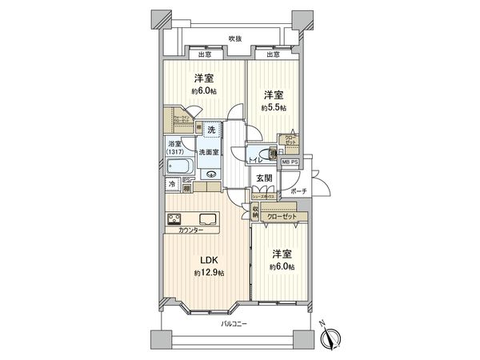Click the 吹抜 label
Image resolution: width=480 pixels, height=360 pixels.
(234, 38)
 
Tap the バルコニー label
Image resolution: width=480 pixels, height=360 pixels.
(234, 324)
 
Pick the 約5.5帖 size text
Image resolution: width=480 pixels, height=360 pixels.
(272, 107)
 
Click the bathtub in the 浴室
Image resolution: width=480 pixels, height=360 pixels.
(180, 167)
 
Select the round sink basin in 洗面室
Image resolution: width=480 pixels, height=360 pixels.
(211, 175)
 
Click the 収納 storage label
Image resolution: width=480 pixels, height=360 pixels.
(256, 212)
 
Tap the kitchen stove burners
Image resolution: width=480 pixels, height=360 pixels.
(173, 218)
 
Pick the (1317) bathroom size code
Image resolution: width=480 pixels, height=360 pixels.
(175, 152)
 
